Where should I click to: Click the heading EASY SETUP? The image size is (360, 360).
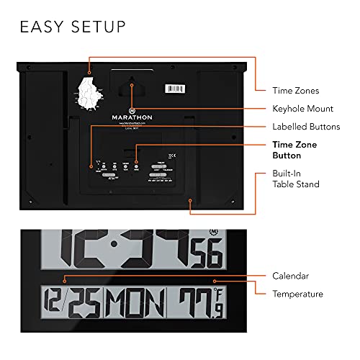click(x=73, y=27)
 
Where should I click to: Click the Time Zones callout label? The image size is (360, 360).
click(x=295, y=91)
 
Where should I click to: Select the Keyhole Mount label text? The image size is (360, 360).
click(x=302, y=109)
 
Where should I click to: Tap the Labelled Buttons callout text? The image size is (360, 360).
click(x=306, y=127)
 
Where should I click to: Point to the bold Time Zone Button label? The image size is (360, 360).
click(x=294, y=150)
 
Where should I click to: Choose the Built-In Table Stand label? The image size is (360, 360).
click(x=295, y=179)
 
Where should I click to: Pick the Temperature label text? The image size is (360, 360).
click(x=297, y=294)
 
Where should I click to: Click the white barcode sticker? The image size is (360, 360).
click(x=176, y=91)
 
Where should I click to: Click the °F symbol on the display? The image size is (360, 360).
click(x=215, y=293)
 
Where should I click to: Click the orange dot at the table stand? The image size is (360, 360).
click(x=189, y=202)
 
